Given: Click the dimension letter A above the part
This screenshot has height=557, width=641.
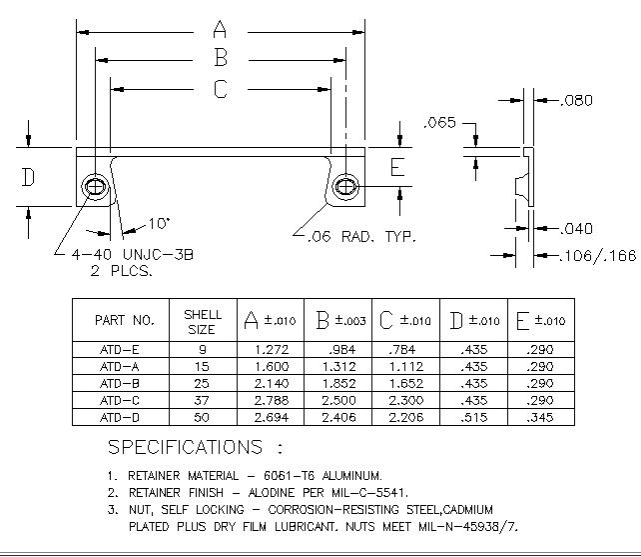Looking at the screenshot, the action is point(220,29).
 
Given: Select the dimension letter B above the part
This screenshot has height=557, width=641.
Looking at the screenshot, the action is point(221,57).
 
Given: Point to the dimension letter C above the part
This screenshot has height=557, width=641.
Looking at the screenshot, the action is point(221,89).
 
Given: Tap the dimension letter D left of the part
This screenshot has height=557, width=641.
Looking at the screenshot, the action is point(28,177).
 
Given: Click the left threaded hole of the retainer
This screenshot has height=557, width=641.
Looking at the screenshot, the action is point(96,187).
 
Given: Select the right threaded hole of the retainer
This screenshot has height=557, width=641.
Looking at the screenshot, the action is point(345,187).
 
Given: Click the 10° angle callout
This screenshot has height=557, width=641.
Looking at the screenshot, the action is point(159,224).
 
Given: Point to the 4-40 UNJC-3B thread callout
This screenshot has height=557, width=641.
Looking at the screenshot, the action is point(133,255).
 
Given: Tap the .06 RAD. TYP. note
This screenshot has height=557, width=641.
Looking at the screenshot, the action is point(361,236).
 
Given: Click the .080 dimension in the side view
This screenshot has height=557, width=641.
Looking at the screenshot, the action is point(576,100).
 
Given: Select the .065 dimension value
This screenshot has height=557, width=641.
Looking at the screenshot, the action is point(439,122).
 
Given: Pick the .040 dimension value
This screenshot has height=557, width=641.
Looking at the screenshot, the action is point(576,228).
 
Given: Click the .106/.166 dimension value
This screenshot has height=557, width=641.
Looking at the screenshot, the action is point(598,256).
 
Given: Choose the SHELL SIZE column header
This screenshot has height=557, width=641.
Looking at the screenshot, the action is point(203,322).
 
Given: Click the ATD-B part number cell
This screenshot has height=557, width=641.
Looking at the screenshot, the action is point(120,384).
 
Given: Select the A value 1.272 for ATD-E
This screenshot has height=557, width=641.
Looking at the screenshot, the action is point(272,350).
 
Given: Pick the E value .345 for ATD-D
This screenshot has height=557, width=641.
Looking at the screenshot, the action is point(540,417).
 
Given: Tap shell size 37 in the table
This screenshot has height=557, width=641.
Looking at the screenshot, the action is point(202,401).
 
